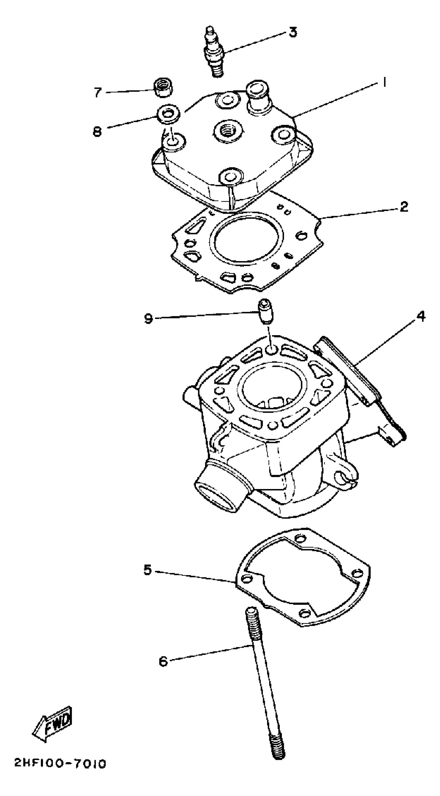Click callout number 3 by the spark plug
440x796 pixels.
point(292,32)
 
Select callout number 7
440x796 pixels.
point(98,92)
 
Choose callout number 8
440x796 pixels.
point(97,132)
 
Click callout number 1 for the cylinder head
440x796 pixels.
point(384,83)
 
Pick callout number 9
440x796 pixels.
point(149,318)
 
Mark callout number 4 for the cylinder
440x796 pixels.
point(421,317)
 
